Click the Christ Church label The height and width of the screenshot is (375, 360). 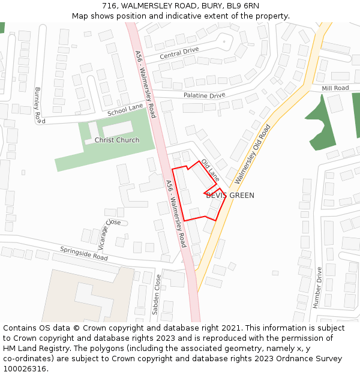point(116,140)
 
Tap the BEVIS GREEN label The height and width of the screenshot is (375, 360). point(230,196)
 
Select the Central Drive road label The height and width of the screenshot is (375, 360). point(179,53)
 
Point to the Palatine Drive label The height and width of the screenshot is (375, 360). point(204,95)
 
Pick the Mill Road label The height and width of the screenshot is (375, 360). point(335,88)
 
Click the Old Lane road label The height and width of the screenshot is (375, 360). point(211,170)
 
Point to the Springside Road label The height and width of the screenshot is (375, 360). point(83,253)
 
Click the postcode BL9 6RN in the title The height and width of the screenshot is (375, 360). point(243,6)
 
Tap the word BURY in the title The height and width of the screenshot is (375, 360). point(211,6)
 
